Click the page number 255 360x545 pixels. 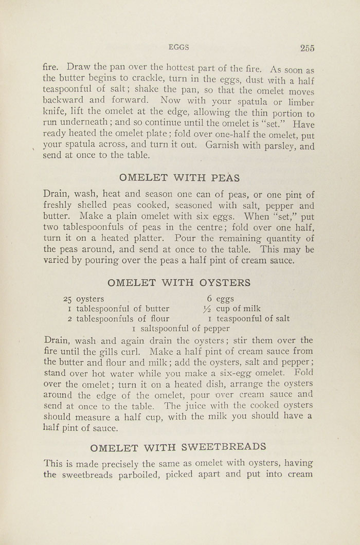pos(307,48)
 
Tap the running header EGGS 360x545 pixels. pos(179,47)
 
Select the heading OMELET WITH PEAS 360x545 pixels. pos(179,178)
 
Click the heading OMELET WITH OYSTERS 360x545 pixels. pos(179,282)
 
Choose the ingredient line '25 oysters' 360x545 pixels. pos(83,299)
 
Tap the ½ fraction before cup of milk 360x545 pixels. pos(207,309)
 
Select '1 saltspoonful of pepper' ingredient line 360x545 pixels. pos(181,329)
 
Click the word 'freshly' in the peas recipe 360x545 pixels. pos(60,206)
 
